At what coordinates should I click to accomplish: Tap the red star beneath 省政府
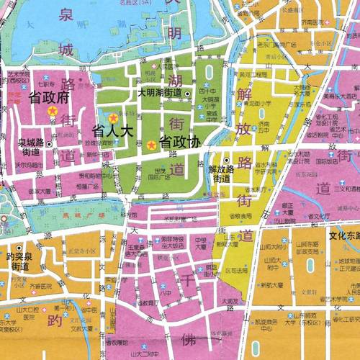click(x=51, y=111)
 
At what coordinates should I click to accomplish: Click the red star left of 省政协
click(x=150, y=145)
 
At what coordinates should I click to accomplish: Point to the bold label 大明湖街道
click(x=161, y=94)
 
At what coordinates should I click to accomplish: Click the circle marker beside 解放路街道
click(x=226, y=161)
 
